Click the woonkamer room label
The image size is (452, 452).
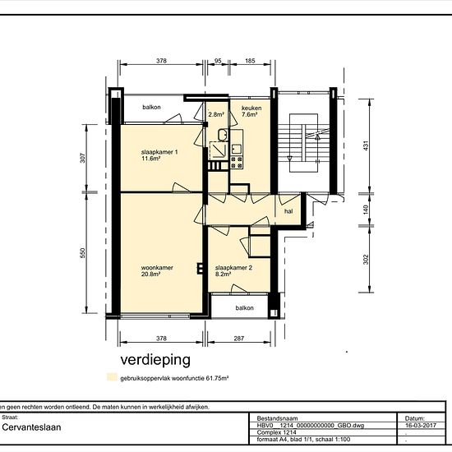[x=157, y=268]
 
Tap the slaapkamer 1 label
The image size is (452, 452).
[x=159, y=152]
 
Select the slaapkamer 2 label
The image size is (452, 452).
[x=233, y=268]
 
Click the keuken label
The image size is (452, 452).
[x=251, y=108]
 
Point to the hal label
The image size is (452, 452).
[x=288, y=211]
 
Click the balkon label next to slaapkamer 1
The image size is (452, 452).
[x=151, y=107]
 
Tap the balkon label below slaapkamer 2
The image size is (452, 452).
[x=244, y=308]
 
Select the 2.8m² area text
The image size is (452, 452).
[x=216, y=114]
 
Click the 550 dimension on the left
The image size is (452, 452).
[x=83, y=253]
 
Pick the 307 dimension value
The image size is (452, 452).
[x=83, y=158]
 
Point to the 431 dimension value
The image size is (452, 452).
[x=366, y=145]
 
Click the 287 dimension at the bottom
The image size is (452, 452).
[x=239, y=339]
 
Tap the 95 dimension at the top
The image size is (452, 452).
[x=218, y=61]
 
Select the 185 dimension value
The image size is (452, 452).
[x=250, y=61]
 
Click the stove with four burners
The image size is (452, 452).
[x=237, y=163]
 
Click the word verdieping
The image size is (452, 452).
[x=155, y=360]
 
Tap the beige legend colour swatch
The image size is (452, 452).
[x=112, y=377]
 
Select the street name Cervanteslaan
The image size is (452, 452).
[x=31, y=427]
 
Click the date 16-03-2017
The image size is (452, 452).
[x=421, y=425]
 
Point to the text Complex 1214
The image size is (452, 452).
[x=276, y=432]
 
